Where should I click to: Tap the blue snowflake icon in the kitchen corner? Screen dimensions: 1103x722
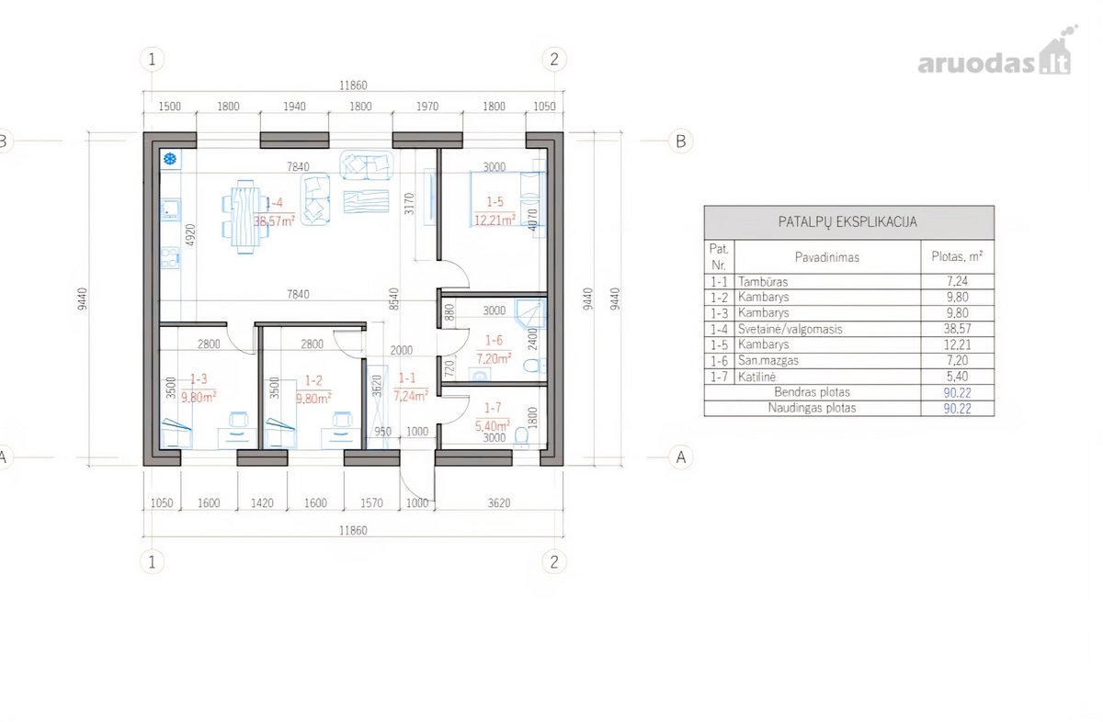[170, 159]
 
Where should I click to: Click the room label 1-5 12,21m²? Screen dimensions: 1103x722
[495, 210]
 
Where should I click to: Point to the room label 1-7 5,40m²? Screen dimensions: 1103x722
[493, 416]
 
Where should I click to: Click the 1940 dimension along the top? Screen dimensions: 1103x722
[294, 107]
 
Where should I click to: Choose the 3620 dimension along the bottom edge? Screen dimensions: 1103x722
[499, 503]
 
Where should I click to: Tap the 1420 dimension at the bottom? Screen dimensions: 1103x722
[262, 503]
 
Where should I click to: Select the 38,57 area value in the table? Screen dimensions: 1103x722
[957, 328]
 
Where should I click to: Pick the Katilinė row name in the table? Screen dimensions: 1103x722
[756, 377]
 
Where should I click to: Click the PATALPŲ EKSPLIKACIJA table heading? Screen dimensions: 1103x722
[847, 222]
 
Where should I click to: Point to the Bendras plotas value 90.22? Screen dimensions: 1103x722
[957, 392]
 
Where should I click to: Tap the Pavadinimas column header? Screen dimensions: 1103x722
[826, 257]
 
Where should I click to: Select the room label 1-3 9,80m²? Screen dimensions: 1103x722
[199, 388]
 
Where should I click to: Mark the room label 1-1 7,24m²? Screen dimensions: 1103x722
[410, 387]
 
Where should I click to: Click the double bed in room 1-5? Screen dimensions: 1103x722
[507, 198]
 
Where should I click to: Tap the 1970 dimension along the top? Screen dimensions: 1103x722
[426, 107]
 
